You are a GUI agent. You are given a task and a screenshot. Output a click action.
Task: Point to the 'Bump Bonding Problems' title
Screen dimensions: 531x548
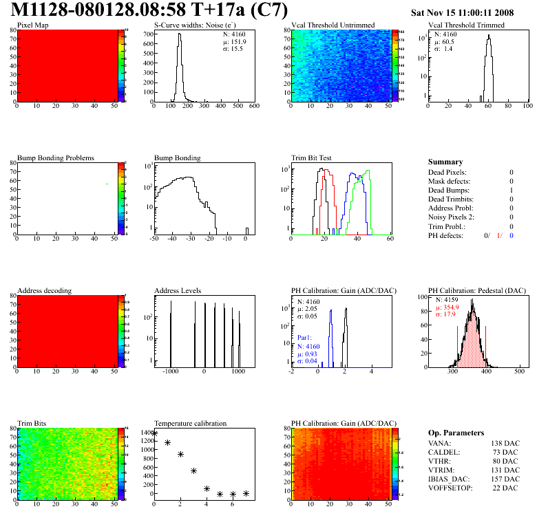tap(55, 158)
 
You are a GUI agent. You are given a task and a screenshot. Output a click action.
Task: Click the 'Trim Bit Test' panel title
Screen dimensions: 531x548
tap(312, 158)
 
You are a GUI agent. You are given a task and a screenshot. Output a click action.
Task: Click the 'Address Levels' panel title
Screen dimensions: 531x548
tap(178, 291)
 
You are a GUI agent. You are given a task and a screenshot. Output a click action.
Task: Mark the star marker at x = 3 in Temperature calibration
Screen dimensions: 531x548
tap(193, 471)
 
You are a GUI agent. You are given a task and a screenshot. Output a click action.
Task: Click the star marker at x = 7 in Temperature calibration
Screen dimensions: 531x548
tap(246, 493)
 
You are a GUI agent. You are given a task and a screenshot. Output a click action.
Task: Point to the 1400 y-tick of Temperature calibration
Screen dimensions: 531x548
tap(147, 433)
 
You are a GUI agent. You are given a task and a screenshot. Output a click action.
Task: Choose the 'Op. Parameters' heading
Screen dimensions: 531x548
tap(456, 433)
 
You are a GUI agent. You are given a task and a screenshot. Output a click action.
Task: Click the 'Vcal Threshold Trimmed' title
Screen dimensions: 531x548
tap(466, 25)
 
